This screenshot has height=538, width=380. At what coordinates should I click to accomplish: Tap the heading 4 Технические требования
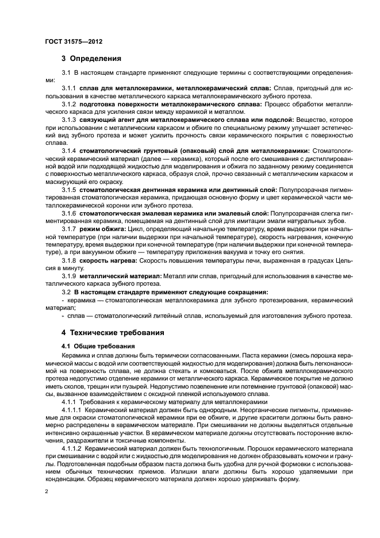(104, 332)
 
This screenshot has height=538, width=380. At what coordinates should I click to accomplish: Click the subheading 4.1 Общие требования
(98, 346)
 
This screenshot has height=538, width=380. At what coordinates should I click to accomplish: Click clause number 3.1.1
(69, 89)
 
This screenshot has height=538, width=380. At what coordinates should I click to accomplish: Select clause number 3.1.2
(69, 104)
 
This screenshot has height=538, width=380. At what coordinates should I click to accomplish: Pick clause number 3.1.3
(69, 119)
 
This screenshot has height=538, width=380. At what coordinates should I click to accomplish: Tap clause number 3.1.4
(69, 150)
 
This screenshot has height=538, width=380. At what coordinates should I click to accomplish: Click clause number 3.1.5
(69, 189)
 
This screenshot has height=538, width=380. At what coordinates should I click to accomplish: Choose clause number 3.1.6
(69, 212)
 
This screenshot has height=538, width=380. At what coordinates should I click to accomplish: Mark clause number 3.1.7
(69, 229)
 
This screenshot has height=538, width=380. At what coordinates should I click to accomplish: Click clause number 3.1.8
(69, 260)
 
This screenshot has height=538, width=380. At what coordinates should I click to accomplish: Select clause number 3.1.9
(69, 276)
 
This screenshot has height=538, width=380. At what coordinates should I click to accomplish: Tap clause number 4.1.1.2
(72, 447)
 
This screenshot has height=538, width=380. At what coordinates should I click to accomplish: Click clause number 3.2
(66, 291)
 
